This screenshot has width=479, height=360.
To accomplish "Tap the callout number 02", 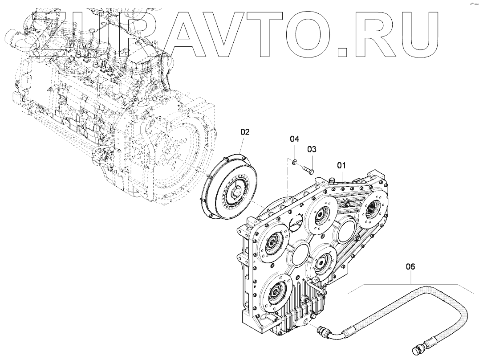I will pyautogui.click(x=245, y=132).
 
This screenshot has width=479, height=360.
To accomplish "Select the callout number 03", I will pyautogui.click(x=311, y=149).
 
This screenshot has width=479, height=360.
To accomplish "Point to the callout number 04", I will pyautogui.click(x=294, y=139).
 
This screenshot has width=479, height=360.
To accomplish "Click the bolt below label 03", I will pyautogui.click(x=306, y=168).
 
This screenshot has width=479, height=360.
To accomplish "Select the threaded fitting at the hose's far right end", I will pyautogui.click(x=421, y=347).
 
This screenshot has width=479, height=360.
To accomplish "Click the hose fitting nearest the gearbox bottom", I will pyautogui.click(x=323, y=331).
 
